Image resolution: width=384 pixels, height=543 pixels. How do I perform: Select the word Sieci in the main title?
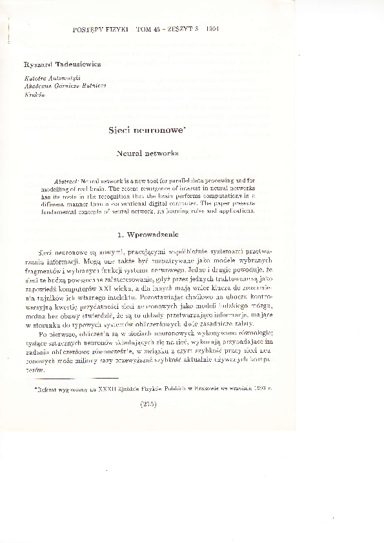point(121,130)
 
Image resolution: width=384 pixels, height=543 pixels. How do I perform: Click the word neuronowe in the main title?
point(158,130)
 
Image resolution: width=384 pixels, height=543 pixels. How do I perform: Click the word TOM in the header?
point(145,30)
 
